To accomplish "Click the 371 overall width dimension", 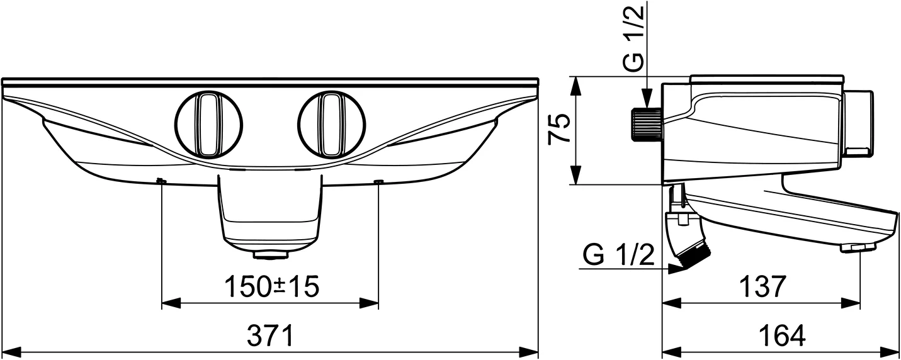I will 271,336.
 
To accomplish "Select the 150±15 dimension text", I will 272,287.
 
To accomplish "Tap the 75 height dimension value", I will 560,130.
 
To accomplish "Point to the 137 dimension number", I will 761,287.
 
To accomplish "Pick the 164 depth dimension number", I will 781,336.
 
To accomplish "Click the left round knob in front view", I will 208,124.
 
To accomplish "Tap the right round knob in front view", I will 331,124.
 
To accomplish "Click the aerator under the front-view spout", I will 271,255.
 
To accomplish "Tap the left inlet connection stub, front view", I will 161,182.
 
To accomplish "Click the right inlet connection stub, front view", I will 378,182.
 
